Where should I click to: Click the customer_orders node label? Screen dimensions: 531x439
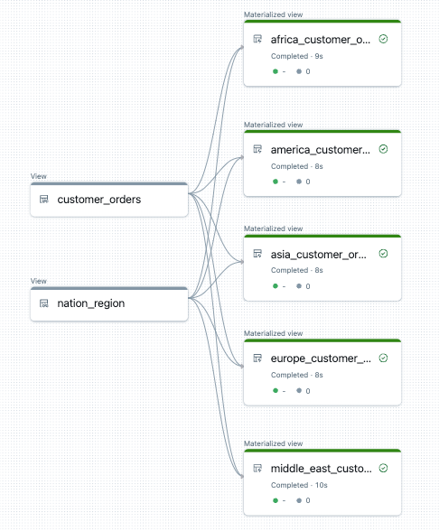click(x=98, y=200)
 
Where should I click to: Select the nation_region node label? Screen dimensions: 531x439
click(x=90, y=303)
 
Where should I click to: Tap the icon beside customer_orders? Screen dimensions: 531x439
click(x=43, y=200)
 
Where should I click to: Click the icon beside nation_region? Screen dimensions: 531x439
click(x=43, y=303)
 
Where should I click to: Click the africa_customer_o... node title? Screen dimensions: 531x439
click(x=321, y=40)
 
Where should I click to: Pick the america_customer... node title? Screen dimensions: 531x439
click(x=321, y=149)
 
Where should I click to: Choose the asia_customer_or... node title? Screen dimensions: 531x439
click(x=321, y=255)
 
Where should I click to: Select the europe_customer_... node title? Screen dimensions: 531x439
click(x=321, y=359)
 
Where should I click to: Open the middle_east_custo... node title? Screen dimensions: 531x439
click(x=321, y=469)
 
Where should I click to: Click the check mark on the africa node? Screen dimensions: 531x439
click(x=384, y=40)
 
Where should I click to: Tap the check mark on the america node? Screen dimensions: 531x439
click(x=384, y=149)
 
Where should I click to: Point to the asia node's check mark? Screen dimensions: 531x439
click(x=384, y=254)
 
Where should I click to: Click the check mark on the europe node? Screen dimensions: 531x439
click(x=384, y=359)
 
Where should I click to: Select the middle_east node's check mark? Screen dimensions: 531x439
click(x=384, y=468)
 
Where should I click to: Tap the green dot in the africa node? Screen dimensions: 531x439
click(x=275, y=72)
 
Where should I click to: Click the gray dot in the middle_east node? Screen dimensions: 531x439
click(x=299, y=500)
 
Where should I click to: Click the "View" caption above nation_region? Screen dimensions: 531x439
click(x=38, y=281)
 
